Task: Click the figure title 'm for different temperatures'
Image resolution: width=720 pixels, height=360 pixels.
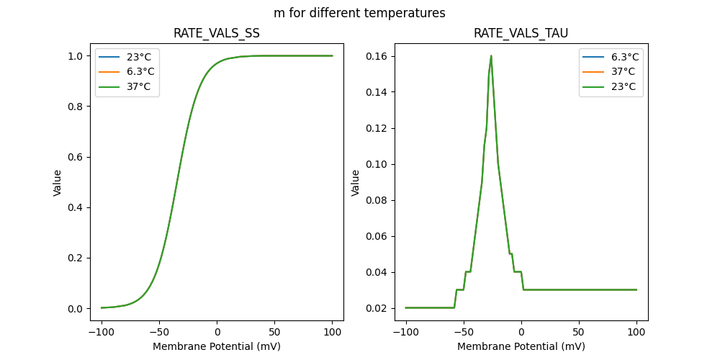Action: click(359, 13)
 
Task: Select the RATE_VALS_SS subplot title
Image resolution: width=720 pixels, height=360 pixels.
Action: click(217, 34)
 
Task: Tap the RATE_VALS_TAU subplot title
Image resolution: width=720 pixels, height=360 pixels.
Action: click(521, 34)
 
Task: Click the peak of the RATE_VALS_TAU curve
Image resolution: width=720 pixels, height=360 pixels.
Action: click(491, 56)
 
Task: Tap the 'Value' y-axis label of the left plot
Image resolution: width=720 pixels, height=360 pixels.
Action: click(58, 183)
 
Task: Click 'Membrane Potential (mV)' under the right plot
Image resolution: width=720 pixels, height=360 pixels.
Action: click(521, 346)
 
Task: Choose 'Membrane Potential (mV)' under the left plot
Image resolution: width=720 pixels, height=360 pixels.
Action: click(217, 346)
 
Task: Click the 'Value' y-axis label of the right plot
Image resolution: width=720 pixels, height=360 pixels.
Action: click(355, 183)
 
